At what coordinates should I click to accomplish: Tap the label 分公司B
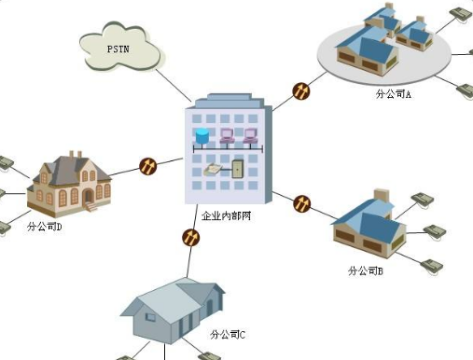[366, 270]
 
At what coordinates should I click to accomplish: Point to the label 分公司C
[229, 333]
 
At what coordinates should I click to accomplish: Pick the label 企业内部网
[227, 216]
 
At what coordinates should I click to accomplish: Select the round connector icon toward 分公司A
[301, 91]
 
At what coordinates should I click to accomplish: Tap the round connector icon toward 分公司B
[301, 203]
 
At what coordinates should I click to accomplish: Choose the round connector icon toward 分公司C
[190, 237]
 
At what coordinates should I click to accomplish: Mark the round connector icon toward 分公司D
[148, 167]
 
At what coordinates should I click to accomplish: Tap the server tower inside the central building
[238, 170]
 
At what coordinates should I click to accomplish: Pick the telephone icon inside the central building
[216, 170]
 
